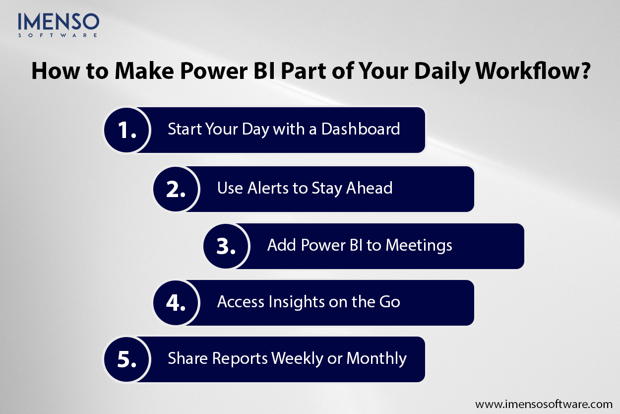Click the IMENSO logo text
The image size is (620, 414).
pyautogui.click(x=58, y=21)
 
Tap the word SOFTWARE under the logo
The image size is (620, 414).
pyautogui.click(x=58, y=35)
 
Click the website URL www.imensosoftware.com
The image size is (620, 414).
pyautogui.click(x=544, y=404)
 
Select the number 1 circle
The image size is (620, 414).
pyautogui.click(x=126, y=130)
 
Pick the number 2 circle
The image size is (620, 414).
pyautogui.click(x=176, y=189)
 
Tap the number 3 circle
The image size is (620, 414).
pyautogui.click(x=226, y=246)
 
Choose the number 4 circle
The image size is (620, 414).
pyautogui.click(x=176, y=303)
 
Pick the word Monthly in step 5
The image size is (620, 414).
pyautogui.click(x=376, y=358)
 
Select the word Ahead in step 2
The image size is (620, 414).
pyautogui.click(x=369, y=188)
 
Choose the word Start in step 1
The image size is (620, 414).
pyautogui.click(x=183, y=129)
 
